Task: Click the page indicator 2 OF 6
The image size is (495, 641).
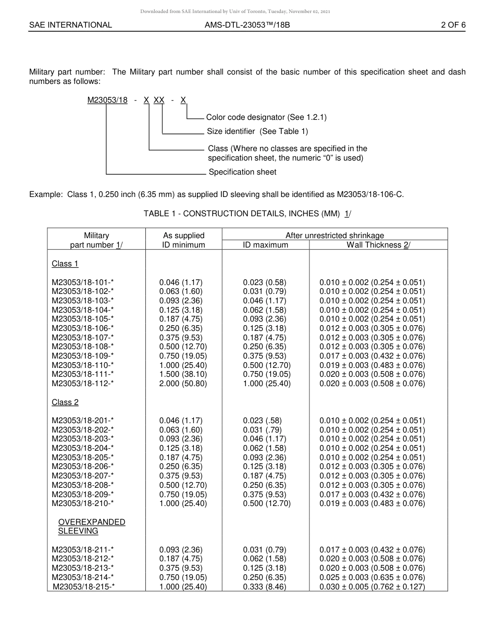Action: coord(453,24)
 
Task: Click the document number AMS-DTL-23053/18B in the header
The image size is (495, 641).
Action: coord(247,24)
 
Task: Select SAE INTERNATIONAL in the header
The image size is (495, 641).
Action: coord(70,24)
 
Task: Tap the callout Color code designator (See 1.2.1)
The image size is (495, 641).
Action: coord(266,117)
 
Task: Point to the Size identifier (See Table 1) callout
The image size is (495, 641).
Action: coord(257,131)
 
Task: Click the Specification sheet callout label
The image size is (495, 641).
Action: coord(242,172)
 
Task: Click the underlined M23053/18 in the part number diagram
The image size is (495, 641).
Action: coord(107,101)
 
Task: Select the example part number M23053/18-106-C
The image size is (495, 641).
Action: coord(370,195)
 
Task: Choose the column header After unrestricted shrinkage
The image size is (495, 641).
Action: coord(335,236)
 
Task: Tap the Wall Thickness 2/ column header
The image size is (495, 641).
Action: coord(378,245)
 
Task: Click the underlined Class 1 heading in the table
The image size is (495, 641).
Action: coord(65,264)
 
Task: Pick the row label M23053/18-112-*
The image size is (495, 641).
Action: coord(83,384)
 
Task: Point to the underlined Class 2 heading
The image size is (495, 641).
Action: coord(65,402)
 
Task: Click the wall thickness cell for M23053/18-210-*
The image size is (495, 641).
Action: coord(372,503)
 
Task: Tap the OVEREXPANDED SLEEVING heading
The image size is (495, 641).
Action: coord(91,526)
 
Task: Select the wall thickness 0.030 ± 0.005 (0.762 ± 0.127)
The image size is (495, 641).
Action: coord(372,587)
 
